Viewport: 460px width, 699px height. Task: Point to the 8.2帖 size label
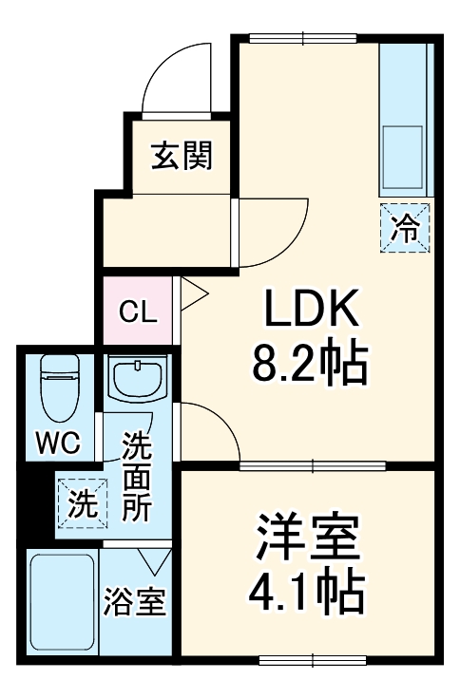click(x=309, y=360)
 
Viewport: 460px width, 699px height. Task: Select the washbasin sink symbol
click(x=139, y=380)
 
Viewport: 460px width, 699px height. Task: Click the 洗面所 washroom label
click(x=138, y=475)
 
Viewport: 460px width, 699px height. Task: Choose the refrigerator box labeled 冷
click(x=405, y=228)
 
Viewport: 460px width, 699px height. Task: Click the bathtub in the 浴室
click(x=63, y=602)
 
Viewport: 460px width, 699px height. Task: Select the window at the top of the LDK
click(x=304, y=39)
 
